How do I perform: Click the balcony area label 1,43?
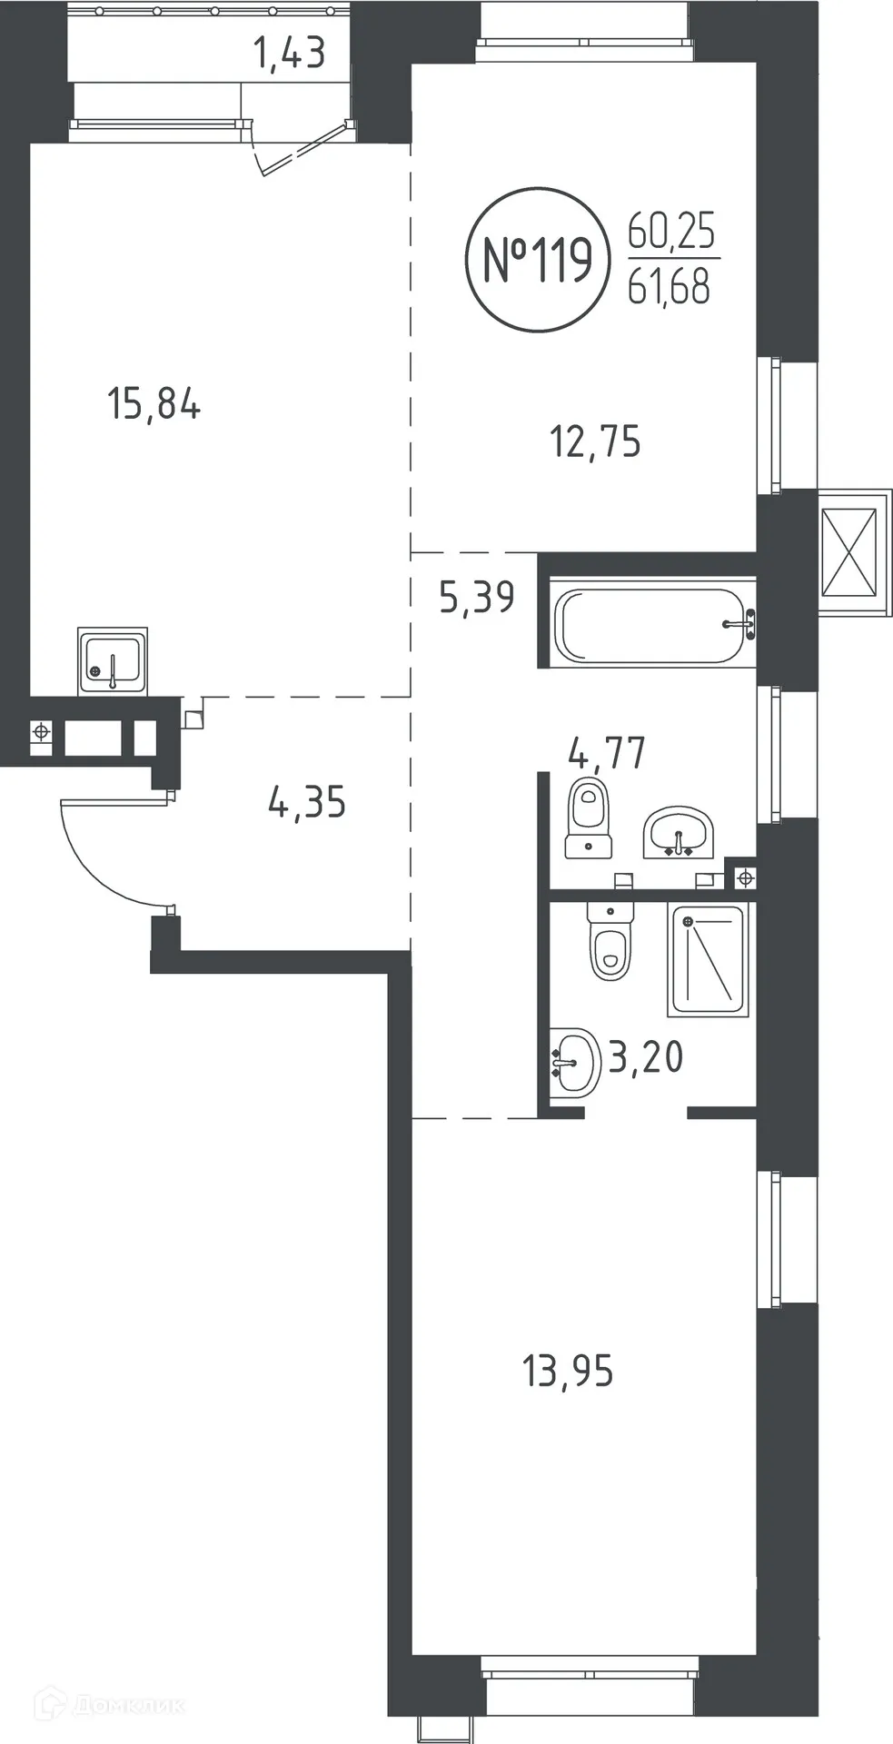[x=288, y=54]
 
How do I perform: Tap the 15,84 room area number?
[x=154, y=403]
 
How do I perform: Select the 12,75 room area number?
[x=595, y=442]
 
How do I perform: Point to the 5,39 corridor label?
[x=477, y=598]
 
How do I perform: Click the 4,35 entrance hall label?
[x=307, y=803]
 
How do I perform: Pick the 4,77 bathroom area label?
[x=607, y=753]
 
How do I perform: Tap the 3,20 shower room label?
[x=645, y=1057]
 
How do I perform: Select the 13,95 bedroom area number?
[x=568, y=1371]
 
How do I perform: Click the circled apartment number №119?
[x=537, y=260]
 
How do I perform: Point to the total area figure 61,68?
[x=670, y=288]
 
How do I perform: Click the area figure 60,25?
[x=671, y=233]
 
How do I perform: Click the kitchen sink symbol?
[x=112, y=660]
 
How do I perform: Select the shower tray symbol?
[x=708, y=959]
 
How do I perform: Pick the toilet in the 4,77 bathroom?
[x=588, y=819]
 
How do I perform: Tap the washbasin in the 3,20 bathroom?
[x=575, y=1060]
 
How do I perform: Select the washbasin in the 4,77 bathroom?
[x=679, y=831]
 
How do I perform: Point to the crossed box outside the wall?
[x=849, y=551]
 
